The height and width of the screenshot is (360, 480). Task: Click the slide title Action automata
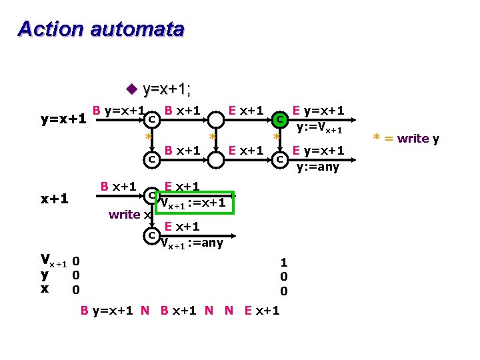pyautogui.click(x=101, y=29)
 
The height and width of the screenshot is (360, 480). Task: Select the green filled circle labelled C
pyautogui.click(x=281, y=119)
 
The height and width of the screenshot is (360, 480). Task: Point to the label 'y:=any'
pyautogui.click(x=317, y=167)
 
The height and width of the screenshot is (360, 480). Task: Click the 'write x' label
pyautogui.click(x=125, y=215)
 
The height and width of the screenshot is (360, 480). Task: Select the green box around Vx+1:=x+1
pyautogui.click(x=196, y=203)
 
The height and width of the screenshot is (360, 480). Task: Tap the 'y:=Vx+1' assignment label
pyautogui.click(x=319, y=128)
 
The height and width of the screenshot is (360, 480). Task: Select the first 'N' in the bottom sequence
pyautogui.click(x=145, y=310)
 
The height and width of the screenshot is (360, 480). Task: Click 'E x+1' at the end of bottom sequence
pyautogui.click(x=262, y=310)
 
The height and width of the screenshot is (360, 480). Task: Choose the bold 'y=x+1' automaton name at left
pyautogui.click(x=63, y=119)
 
